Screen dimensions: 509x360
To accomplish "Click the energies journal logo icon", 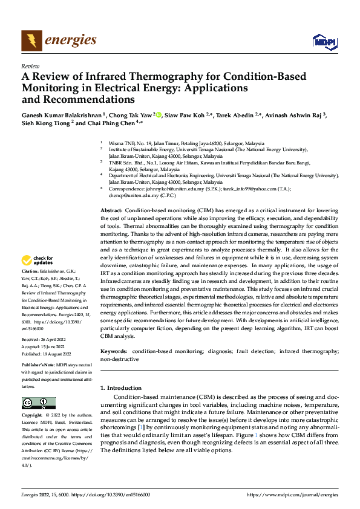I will point(31,40).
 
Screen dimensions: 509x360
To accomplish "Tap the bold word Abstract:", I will point(111,209).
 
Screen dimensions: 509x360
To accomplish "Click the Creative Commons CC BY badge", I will point(38,403).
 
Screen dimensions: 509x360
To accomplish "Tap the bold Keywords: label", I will point(114,351).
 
